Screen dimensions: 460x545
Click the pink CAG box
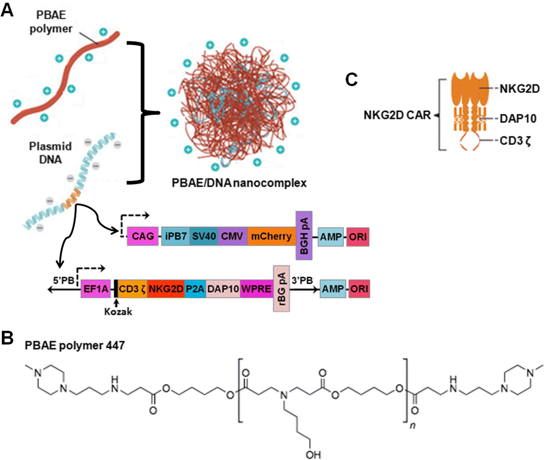point(143,236)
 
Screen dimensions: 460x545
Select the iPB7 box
point(176,236)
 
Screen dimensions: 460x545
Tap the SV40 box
point(204,236)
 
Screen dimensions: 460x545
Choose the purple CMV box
point(233,236)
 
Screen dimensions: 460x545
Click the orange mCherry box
point(271,236)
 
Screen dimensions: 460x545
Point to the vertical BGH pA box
point(304,235)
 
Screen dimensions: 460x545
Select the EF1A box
point(96,288)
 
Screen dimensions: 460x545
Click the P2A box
point(195,288)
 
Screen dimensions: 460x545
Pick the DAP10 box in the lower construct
point(223,288)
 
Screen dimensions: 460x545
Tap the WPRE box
point(256,288)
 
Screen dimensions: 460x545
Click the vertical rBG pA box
point(281,288)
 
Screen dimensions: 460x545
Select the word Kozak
point(118,312)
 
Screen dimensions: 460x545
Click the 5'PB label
point(63,280)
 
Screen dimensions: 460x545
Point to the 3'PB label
point(302,280)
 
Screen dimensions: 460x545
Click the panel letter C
point(351,80)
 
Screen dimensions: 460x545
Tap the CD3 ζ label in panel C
point(515,141)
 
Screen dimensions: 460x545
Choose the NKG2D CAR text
point(397,115)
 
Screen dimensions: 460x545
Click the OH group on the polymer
point(313,455)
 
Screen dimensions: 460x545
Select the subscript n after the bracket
point(413,426)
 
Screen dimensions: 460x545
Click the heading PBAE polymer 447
point(75,345)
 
